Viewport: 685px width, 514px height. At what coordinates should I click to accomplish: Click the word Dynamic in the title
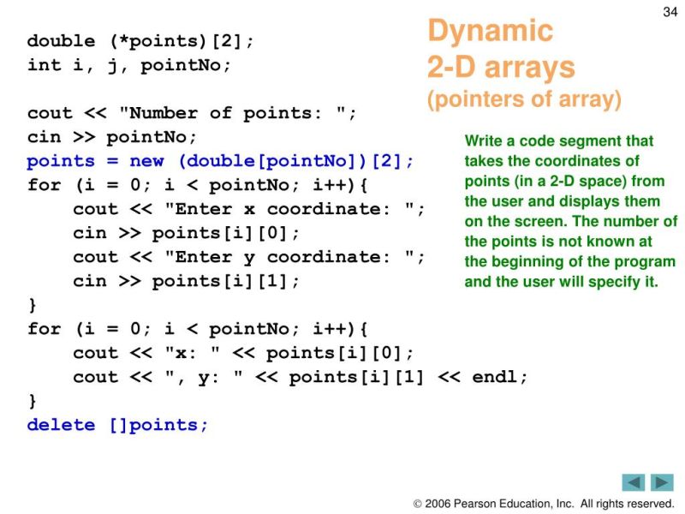(x=490, y=32)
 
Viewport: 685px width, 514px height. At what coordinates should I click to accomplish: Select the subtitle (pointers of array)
(x=524, y=99)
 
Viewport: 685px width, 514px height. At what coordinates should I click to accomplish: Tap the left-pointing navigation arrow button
(x=634, y=482)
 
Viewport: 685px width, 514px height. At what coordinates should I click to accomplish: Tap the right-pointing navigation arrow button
(x=662, y=482)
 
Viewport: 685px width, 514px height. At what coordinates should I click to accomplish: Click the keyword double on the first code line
(x=61, y=41)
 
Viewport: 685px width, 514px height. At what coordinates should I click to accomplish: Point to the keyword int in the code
(x=44, y=65)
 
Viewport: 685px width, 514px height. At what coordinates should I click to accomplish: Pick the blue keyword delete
(x=61, y=425)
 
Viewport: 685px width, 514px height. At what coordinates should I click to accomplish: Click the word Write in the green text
(x=482, y=141)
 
